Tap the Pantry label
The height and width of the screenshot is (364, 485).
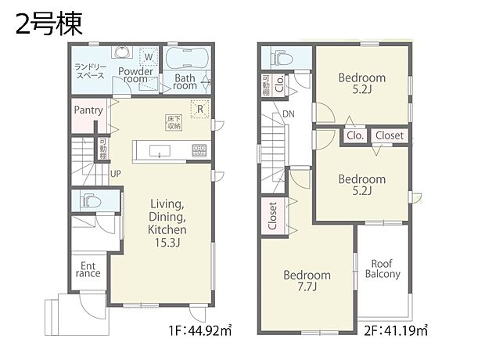(x=88, y=110)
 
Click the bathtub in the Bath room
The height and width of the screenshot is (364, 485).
(x=185, y=58)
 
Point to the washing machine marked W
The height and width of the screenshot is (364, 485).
(x=148, y=56)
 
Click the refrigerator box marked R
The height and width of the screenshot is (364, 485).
(x=200, y=109)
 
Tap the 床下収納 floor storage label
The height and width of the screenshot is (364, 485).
(x=173, y=121)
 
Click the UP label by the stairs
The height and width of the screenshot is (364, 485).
(x=115, y=174)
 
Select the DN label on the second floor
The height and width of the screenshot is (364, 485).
(x=289, y=114)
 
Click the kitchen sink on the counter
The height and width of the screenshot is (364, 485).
(x=159, y=149)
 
